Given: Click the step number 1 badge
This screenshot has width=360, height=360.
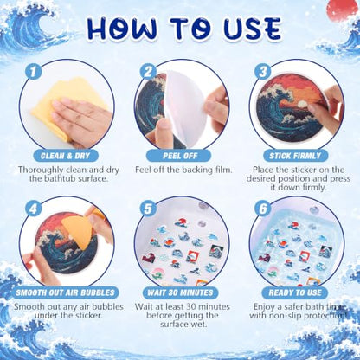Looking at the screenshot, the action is [x=33, y=72].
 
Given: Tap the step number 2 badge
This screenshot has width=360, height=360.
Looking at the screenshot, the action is [x=148, y=72].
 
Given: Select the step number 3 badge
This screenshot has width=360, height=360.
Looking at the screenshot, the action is [x=263, y=72].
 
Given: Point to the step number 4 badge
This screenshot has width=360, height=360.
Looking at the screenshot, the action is [x=33, y=209].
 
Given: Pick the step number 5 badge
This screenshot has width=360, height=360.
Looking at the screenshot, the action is [x=148, y=209].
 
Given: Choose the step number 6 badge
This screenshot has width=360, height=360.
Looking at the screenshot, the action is [x=263, y=209].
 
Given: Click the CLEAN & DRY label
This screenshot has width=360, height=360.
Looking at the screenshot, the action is [x=65, y=156].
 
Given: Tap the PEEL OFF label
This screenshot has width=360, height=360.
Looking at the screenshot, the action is [x=179, y=156].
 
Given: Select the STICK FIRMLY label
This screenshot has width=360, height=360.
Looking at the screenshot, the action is [x=295, y=156].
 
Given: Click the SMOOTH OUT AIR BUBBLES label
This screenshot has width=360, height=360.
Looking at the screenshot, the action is [x=65, y=292].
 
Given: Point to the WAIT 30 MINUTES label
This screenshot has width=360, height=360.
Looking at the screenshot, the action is [x=180, y=292].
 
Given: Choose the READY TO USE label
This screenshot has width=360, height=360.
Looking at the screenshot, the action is [x=295, y=292].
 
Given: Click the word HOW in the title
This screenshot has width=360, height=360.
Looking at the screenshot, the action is [x=122, y=29].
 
